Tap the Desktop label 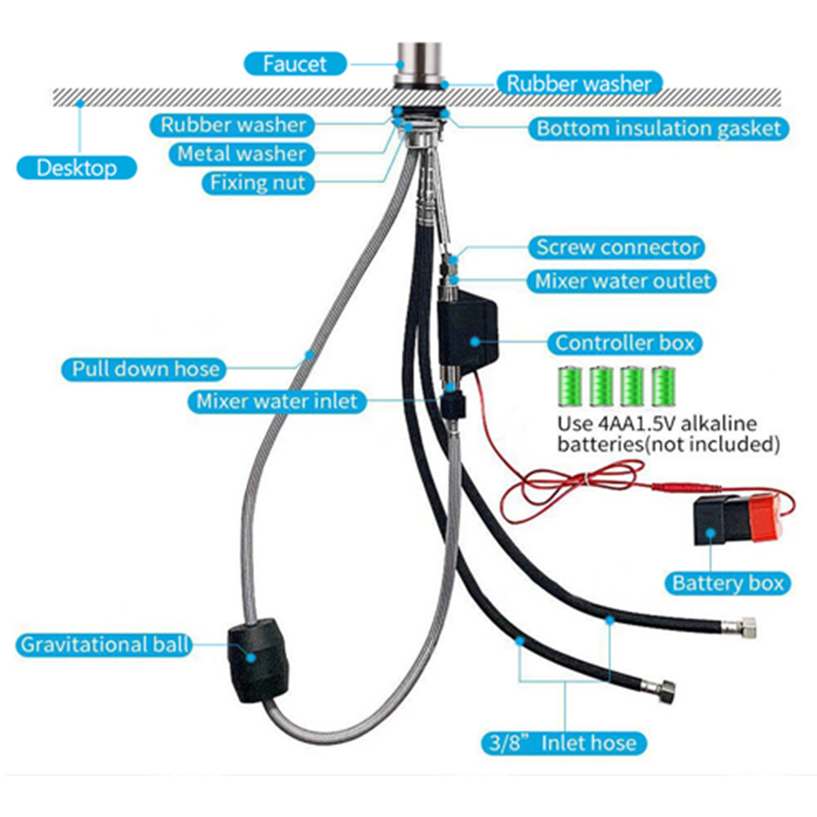77,168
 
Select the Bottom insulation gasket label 659,128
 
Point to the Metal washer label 241,154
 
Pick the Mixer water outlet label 623,281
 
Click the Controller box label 625,342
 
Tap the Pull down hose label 145,368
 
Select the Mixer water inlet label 276,402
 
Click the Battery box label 727,583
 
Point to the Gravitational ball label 103,645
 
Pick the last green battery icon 663,386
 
